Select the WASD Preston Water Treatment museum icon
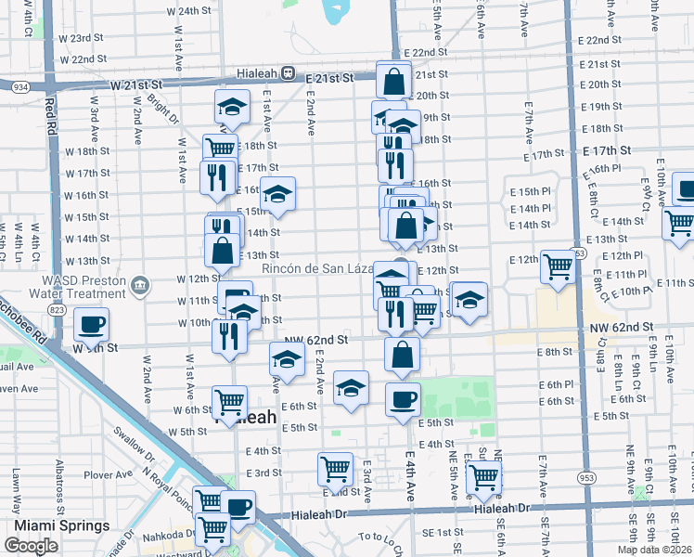pos(140,283)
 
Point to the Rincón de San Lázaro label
pos(317,269)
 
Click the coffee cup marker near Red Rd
pos(91,325)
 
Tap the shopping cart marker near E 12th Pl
pos(558,266)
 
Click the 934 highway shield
pos(19,86)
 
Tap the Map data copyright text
pos(654,550)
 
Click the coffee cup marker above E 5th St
pos(403,400)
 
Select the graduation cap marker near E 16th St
pos(276,195)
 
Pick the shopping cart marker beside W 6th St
pos(230,403)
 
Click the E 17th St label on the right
pos(607,149)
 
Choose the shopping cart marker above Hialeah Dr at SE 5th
pos(482,477)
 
